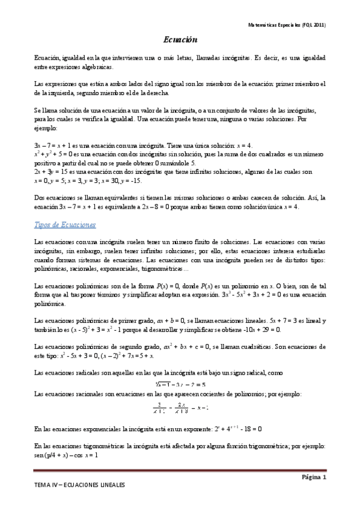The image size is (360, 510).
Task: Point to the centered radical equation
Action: (180, 384)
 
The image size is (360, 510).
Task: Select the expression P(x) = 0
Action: (142, 286)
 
